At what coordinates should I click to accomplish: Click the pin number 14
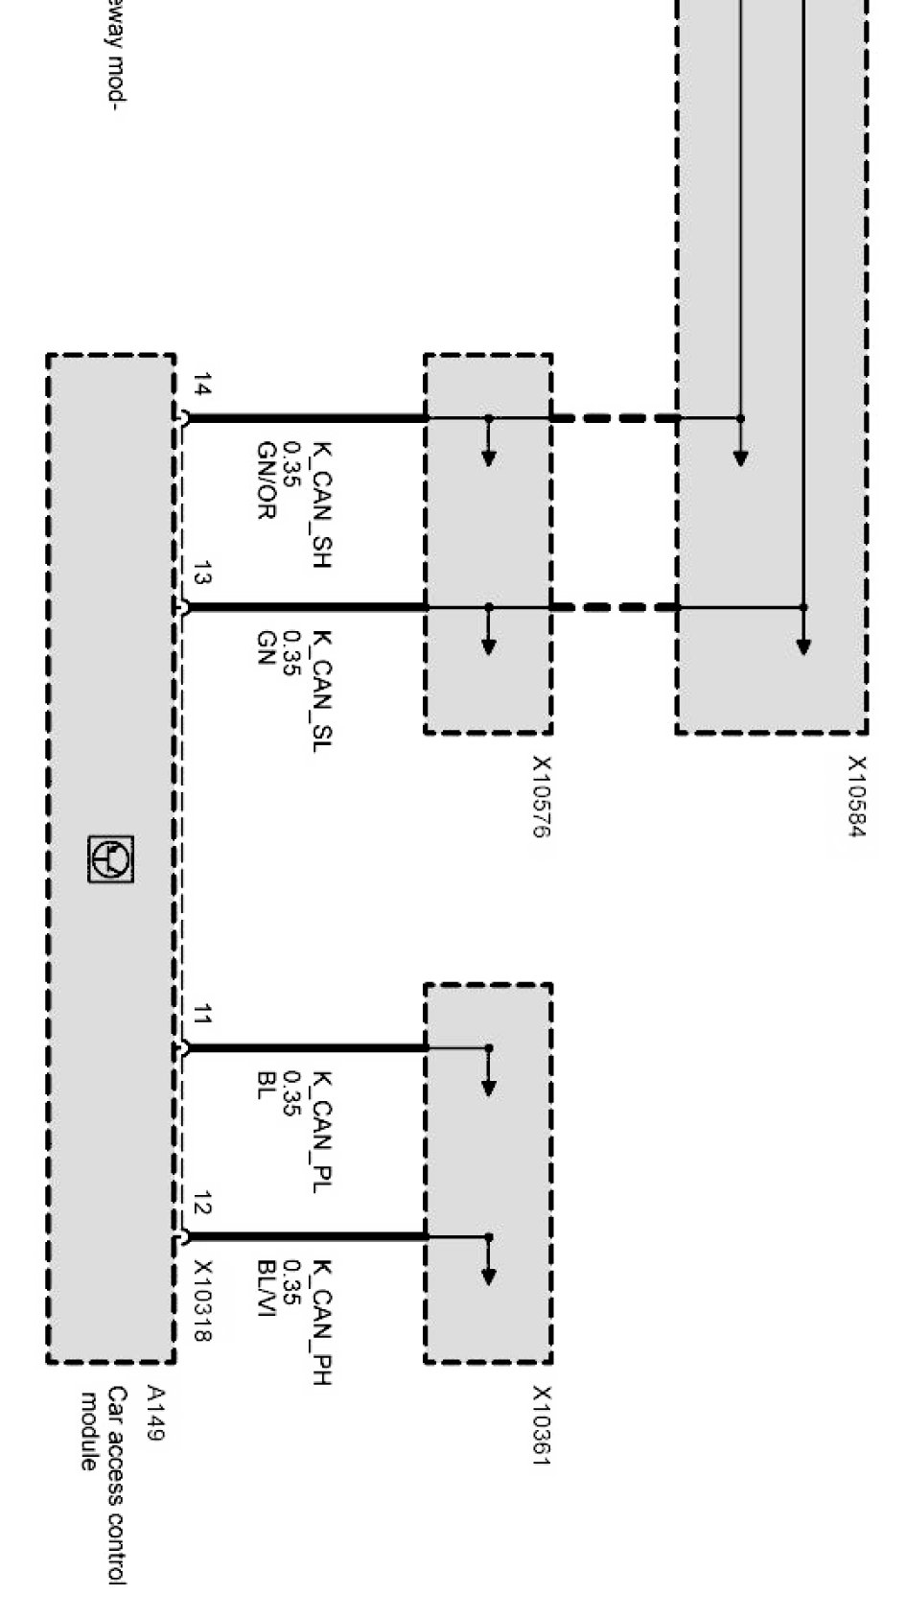click(x=202, y=387)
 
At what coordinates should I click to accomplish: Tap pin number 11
click(x=202, y=1014)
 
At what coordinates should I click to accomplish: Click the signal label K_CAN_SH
click(x=323, y=504)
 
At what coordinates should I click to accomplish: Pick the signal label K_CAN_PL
click(x=323, y=1132)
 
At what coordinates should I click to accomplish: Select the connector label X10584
click(x=857, y=796)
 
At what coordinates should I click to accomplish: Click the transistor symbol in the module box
click(x=111, y=858)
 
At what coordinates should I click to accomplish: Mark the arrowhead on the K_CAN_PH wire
click(x=489, y=1277)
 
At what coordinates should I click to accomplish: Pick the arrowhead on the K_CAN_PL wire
click(x=489, y=1088)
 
